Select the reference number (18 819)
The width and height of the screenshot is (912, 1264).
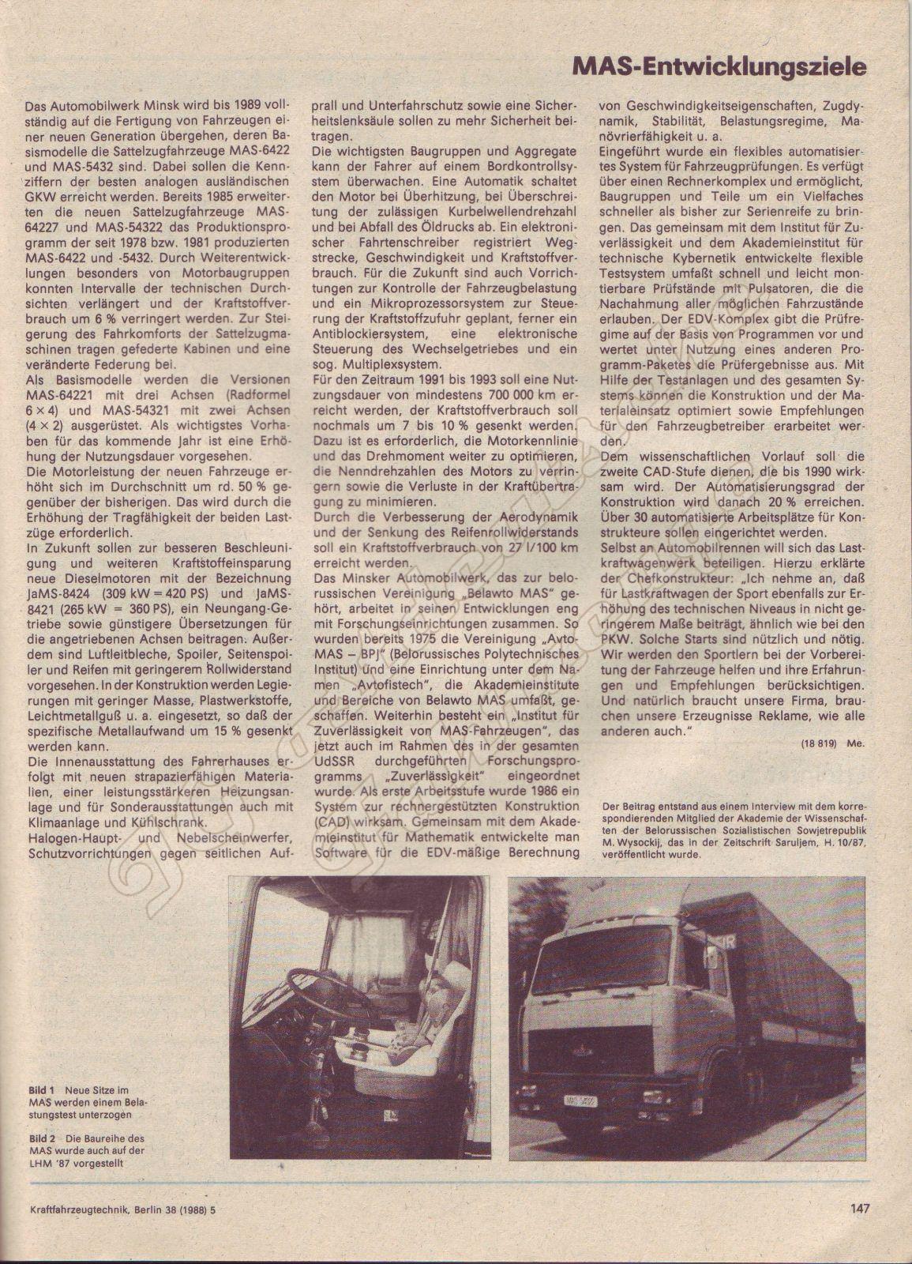(x=820, y=744)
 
